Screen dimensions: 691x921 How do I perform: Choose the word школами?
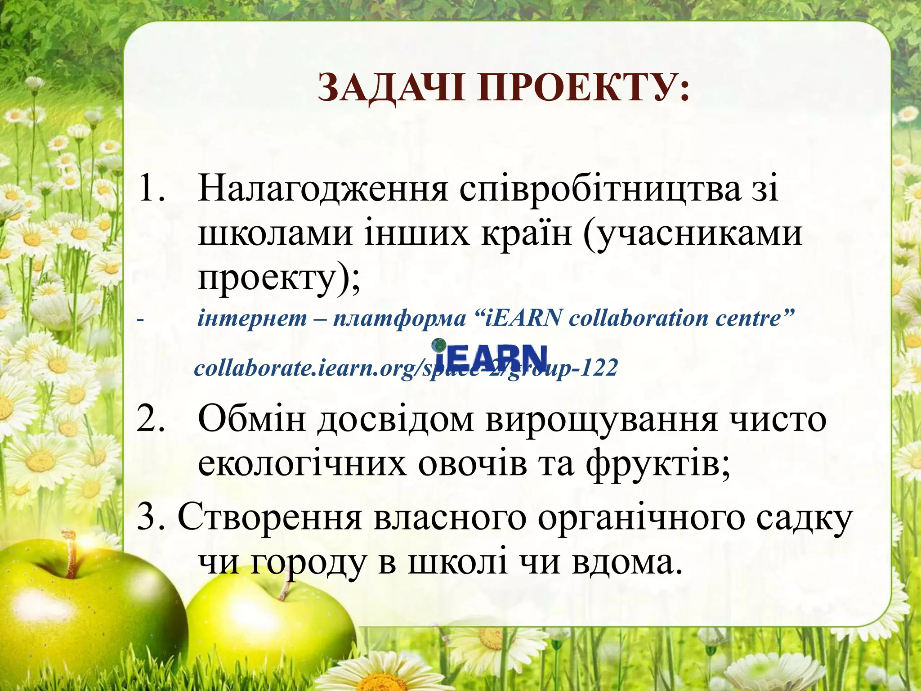[x=275, y=233]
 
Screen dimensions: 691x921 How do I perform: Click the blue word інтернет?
[x=252, y=319]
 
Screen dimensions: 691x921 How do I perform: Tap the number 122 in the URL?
[x=599, y=368]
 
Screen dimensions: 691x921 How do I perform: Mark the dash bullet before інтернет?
[x=140, y=319]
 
